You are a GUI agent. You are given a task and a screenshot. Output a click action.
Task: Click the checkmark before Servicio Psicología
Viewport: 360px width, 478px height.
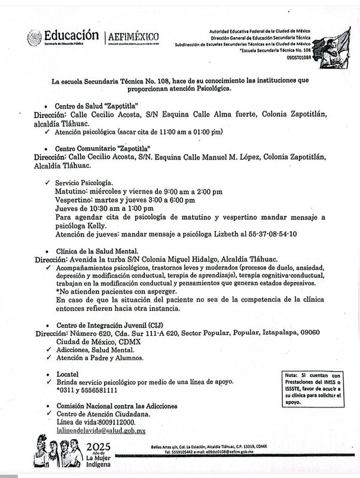tap(47, 182)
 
